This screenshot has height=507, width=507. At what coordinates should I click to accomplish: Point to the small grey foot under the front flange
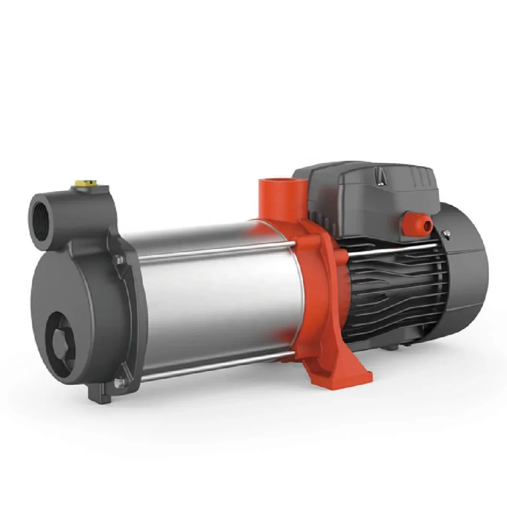tap(100, 395)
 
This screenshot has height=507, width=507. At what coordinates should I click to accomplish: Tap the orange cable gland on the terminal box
tap(415, 224)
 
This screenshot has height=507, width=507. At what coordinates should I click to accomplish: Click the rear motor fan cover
tap(468, 269)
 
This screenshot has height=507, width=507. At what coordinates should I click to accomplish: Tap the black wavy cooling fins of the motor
tap(394, 293)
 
